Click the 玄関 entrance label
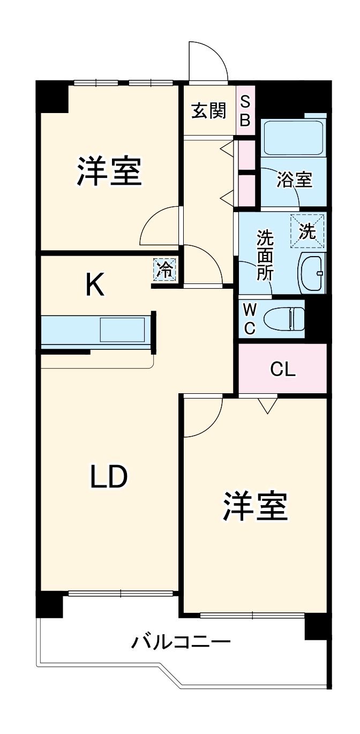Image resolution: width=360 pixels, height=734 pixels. click(209, 111)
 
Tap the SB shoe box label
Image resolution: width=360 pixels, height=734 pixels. click(245, 111)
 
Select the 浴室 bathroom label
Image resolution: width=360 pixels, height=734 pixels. click(294, 181)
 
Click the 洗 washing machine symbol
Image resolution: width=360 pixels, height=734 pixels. click(307, 231)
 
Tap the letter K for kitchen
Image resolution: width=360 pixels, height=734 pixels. click(95, 286)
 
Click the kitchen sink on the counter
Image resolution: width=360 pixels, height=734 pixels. click(123, 329)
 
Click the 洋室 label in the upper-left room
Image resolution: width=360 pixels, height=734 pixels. click(109, 171)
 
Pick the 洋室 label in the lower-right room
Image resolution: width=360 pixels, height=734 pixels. click(256, 506)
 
